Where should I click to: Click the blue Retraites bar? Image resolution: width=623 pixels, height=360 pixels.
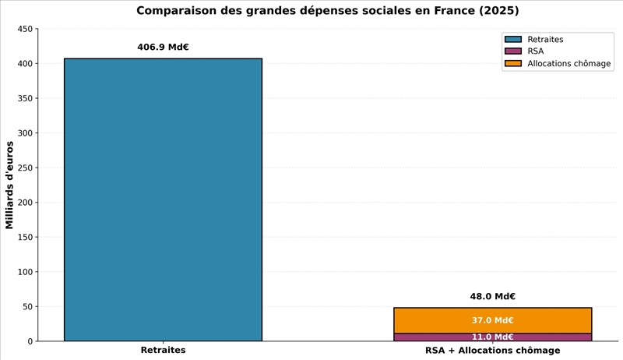[163, 199]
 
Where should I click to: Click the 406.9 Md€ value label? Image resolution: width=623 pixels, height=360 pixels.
[163, 47]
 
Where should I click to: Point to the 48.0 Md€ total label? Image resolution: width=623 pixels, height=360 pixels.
[492, 296]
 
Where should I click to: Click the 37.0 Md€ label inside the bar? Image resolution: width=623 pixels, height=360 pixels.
[492, 320]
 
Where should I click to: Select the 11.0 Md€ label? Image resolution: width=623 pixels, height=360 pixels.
[492, 337]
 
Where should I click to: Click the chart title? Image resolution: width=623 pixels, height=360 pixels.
[327, 11]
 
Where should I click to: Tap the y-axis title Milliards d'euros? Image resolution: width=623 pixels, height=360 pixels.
[10, 185]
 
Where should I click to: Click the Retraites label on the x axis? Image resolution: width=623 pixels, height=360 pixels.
[163, 351]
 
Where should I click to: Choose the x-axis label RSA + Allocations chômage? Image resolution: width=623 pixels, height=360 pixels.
[492, 351]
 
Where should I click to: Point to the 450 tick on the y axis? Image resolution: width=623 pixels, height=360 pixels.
[25, 29]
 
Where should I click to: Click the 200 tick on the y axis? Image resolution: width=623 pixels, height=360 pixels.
[25, 203]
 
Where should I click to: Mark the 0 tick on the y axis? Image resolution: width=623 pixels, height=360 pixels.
[30, 341]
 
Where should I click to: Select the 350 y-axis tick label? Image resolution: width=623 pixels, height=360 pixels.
[25, 98]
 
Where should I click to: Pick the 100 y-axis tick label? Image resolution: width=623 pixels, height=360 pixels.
[25, 272]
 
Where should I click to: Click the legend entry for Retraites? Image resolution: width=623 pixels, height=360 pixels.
[545, 39]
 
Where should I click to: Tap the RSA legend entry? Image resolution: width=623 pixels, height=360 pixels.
[535, 51]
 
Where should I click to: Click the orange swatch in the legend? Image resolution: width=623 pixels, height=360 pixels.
[512, 64]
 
